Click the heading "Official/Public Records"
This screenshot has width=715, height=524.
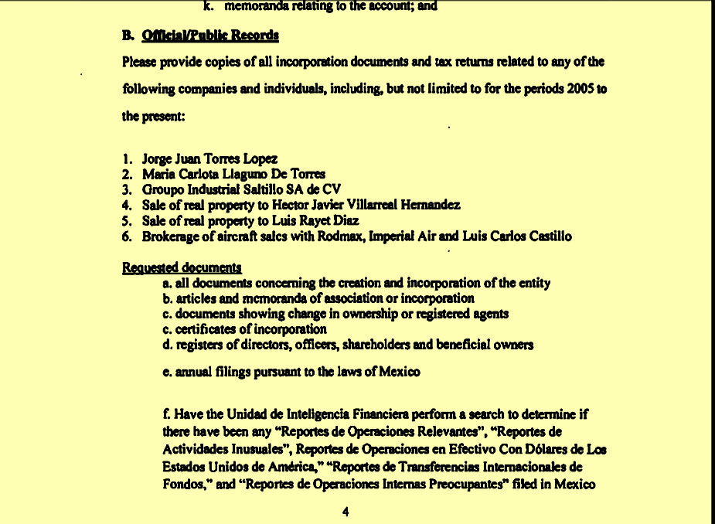pos(210,36)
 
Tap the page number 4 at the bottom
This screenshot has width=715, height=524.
pos(346,512)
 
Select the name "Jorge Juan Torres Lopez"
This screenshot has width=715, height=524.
pos(209,159)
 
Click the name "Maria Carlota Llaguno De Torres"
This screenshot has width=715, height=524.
pos(233,175)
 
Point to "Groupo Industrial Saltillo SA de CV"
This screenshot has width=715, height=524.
pos(241,189)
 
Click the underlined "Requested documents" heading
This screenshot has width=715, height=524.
pos(182,268)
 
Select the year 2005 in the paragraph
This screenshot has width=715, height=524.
pos(581,89)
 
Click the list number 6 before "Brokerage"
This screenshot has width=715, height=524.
pos(126,236)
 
